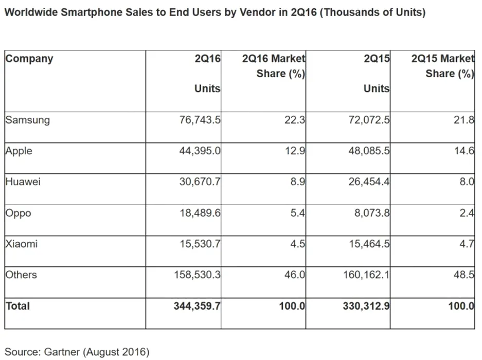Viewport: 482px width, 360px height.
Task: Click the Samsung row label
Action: pyautogui.click(x=28, y=120)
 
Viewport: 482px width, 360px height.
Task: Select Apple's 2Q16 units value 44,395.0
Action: pyautogui.click(x=200, y=151)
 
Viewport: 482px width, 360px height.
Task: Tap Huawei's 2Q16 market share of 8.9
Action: pyautogui.click(x=298, y=182)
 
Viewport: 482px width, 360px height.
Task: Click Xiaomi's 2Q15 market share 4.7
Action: pyautogui.click(x=467, y=244)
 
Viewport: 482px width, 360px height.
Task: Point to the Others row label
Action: pyautogui.click(x=21, y=275)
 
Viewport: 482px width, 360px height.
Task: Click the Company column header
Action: pyautogui.click(x=29, y=59)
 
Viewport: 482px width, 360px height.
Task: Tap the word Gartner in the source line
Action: pyautogui.click(x=62, y=352)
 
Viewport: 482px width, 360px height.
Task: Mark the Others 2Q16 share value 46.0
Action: pyautogui.click(x=295, y=275)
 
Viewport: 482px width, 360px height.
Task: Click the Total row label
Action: pyautogui.click(x=18, y=306)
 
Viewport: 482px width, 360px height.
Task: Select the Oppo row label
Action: pyautogui.click(x=18, y=213)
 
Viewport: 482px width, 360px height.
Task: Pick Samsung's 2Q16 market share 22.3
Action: pyautogui.click(x=295, y=120)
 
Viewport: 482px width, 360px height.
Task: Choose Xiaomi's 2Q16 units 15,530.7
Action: pyautogui.click(x=200, y=244)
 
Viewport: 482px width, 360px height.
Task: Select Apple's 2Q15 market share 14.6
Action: pyautogui.click(x=465, y=151)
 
